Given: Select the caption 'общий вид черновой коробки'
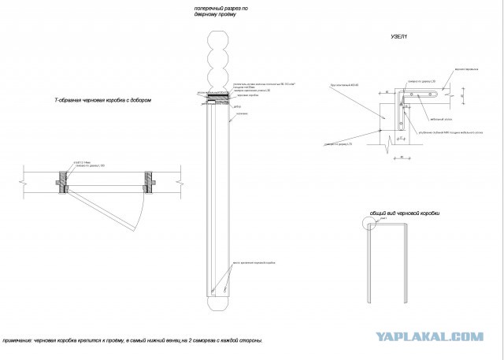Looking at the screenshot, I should [x=404, y=213].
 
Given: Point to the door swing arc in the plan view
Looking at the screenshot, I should [x=139, y=210].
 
